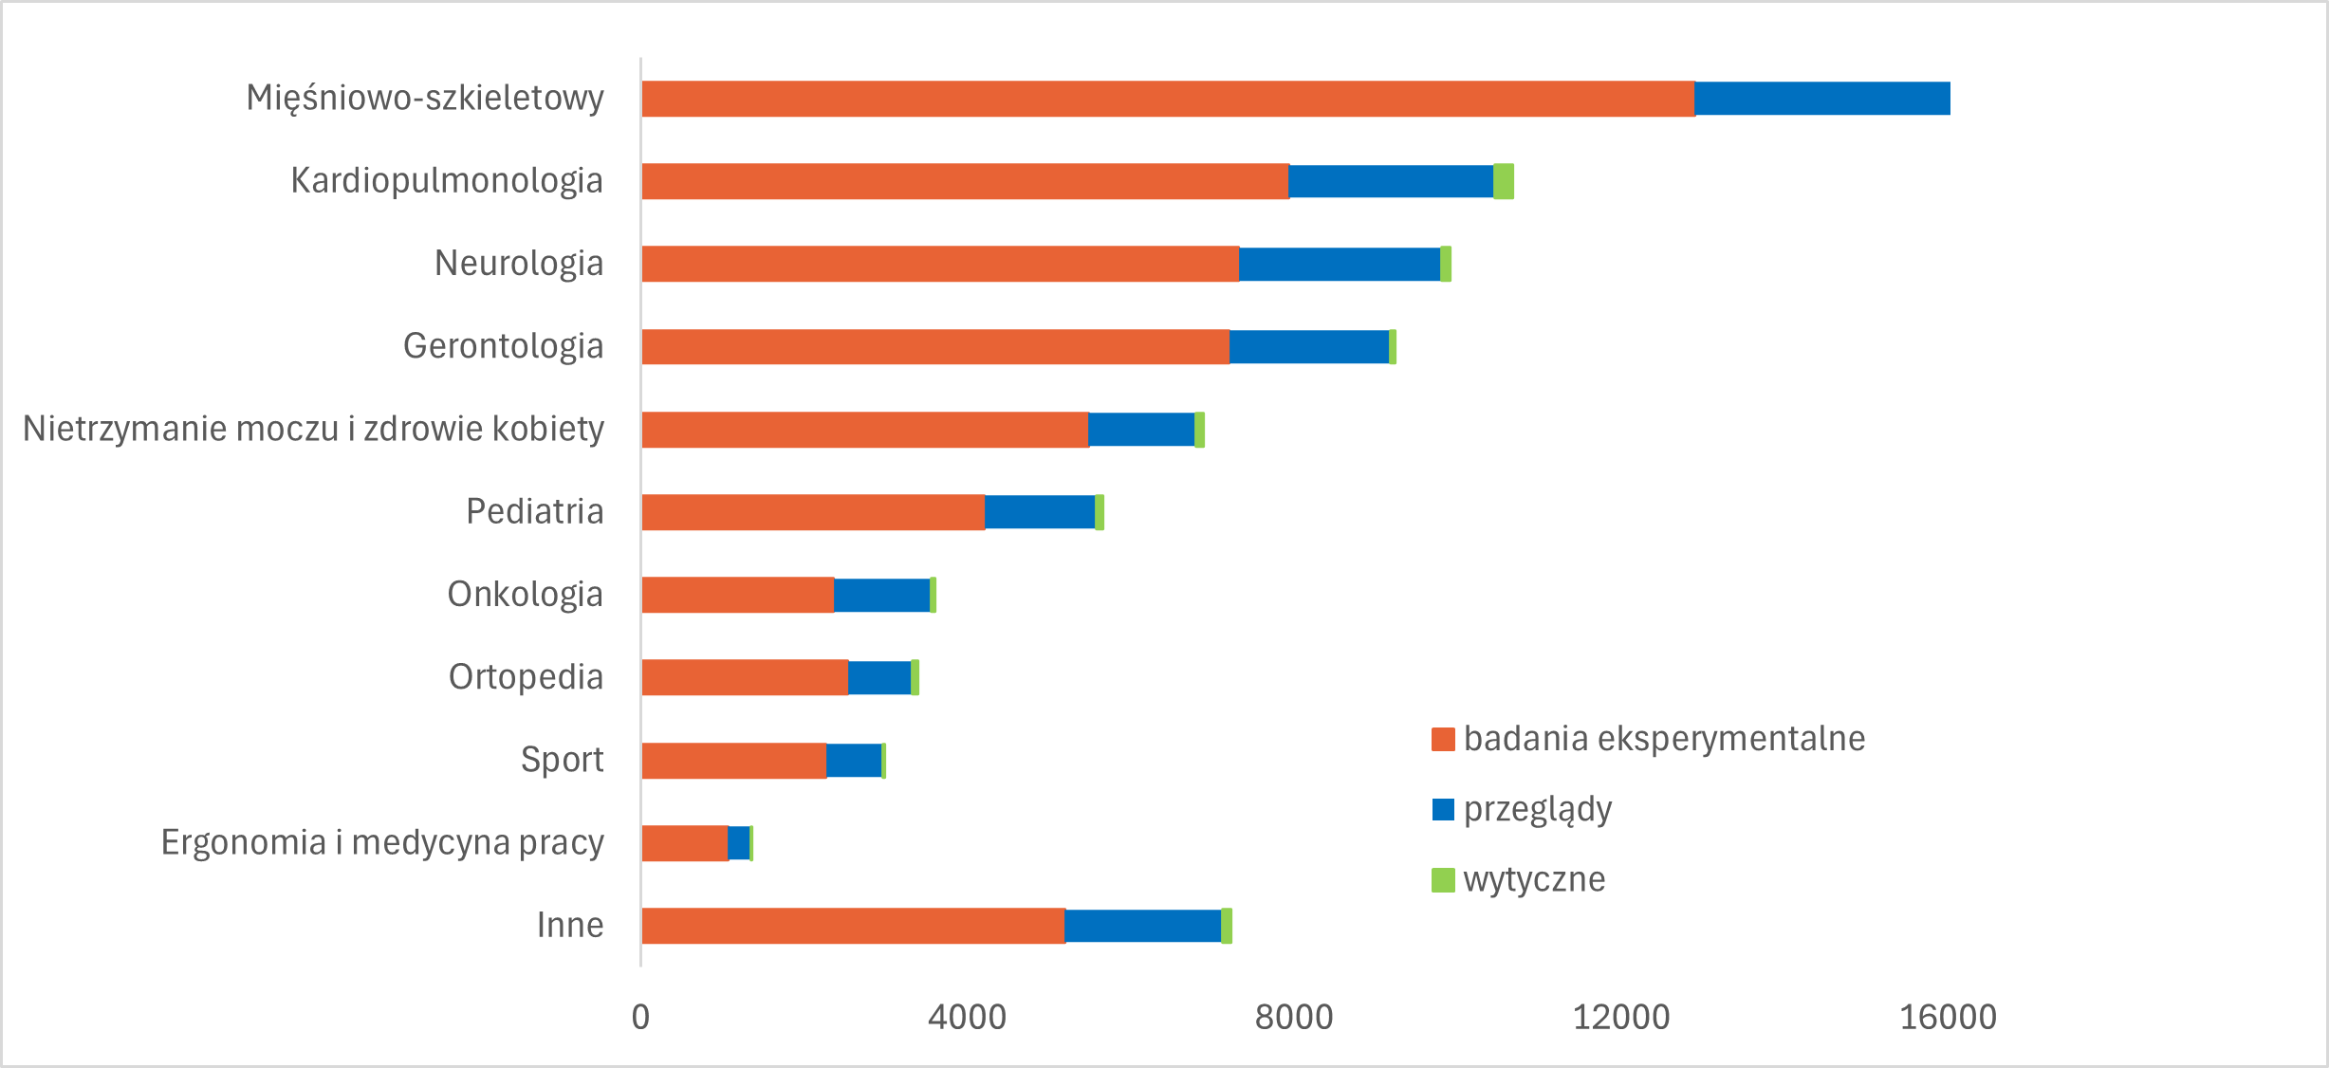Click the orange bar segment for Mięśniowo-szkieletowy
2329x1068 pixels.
[x=1167, y=99]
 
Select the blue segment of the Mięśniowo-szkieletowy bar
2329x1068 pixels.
[x=1821, y=99]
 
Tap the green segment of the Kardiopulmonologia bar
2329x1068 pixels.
[x=1504, y=181]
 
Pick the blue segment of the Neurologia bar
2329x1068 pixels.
[x=1340, y=264]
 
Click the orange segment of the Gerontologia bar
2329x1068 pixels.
[x=935, y=346]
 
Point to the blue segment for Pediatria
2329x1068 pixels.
[x=1040, y=512]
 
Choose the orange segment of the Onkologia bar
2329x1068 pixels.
[x=738, y=595]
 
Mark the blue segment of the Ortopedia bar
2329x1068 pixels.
[x=879, y=677]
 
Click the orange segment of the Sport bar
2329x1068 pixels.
[x=734, y=761]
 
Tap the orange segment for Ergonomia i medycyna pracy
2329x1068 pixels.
[x=685, y=843]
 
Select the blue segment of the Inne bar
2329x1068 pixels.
[x=1143, y=926]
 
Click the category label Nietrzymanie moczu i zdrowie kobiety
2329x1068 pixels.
[x=313, y=429]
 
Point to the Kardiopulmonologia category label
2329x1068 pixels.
[x=447, y=180]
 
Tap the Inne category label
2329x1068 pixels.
[x=570, y=925]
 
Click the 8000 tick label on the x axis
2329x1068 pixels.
[x=1294, y=1018]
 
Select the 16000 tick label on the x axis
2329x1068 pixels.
[x=1948, y=1018]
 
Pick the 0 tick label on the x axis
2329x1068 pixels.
[x=640, y=1018]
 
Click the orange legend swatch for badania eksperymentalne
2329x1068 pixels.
[x=1443, y=739]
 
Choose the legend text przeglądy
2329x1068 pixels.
[x=1538, y=809]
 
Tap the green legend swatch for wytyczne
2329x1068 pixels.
[x=1443, y=880]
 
